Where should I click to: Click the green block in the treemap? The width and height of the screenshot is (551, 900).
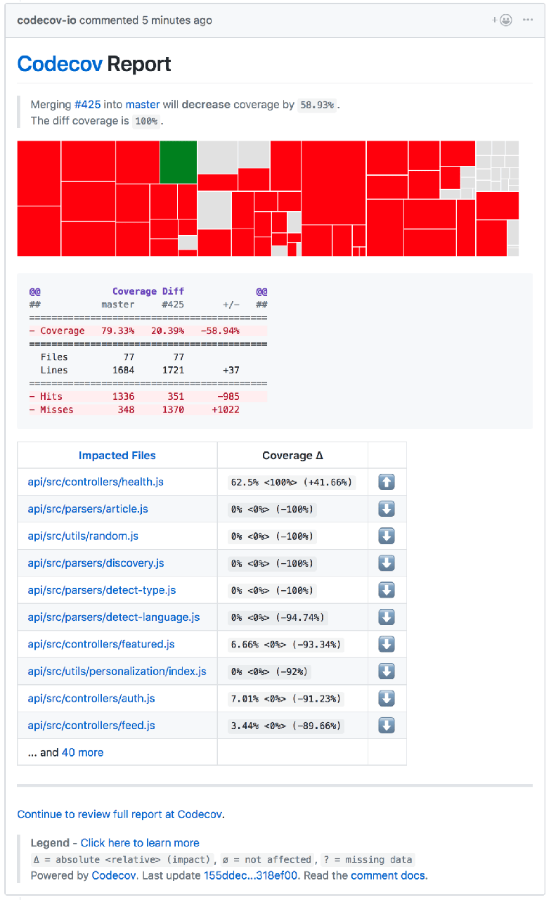click(178, 162)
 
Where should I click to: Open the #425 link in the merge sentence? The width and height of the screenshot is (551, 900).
click(88, 105)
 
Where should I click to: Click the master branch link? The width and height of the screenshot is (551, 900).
click(143, 105)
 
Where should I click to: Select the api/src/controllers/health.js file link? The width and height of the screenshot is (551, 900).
click(96, 482)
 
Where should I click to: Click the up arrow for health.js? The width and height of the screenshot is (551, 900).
click(387, 482)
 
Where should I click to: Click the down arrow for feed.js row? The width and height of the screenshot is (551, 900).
click(387, 726)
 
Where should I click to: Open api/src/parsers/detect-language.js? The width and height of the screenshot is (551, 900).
click(114, 617)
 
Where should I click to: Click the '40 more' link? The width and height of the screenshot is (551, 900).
click(82, 752)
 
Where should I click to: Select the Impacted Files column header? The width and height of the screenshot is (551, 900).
click(117, 456)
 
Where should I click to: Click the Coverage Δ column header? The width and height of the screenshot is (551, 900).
click(292, 456)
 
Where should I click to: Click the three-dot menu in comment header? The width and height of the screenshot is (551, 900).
click(528, 20)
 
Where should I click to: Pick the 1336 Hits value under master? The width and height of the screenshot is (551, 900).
click(123, 397)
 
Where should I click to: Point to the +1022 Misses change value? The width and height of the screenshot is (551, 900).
click(225, 409)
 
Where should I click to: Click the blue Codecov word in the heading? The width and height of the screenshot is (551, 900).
click(60, 64)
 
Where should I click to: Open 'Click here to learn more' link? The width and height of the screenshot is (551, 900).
click(140, 843)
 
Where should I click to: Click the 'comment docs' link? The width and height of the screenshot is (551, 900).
click(388, 875)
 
